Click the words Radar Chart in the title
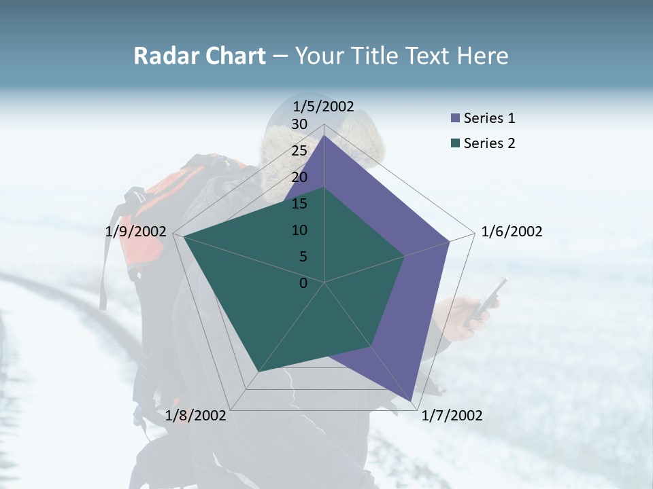[199, 56]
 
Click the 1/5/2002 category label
[323, 106]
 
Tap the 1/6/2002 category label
[512, 232]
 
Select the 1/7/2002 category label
[452, 416]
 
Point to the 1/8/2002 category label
[196, 416]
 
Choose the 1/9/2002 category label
[136, 232]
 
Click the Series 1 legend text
[489, 118]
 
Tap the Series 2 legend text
[489, 143]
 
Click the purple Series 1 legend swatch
[455, 119]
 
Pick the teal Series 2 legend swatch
[455, 143]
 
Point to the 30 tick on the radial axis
[299, 124]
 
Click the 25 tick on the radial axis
[299, 151]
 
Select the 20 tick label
[299, 177]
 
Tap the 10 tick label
[299, 230]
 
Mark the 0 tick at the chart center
[303, 283]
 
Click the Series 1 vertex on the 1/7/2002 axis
[412, 401]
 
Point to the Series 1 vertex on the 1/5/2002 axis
[324, 135]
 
